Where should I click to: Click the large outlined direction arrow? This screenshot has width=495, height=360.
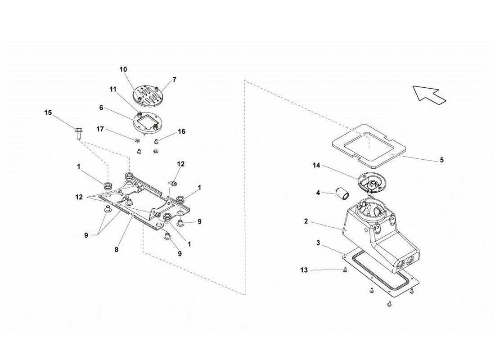tap(429, 94)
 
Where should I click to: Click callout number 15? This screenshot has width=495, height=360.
tap(48, 112)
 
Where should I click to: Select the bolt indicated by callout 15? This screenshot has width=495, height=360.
tap(78, 133)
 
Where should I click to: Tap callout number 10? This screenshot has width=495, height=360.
tap(123, 69)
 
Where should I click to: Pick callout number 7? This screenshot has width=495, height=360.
tap(174, 80)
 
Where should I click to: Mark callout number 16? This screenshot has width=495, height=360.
tap(181, 132)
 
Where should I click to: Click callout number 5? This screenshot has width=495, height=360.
tap(441, 160)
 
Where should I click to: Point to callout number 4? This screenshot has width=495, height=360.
tap(318, 193)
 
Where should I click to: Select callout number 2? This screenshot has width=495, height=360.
tap(306, 221)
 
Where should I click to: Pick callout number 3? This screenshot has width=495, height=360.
tap(318, 243)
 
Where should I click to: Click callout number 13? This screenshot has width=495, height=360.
tap(305, 270)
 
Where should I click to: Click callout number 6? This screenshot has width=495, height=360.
tap(102, 108)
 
